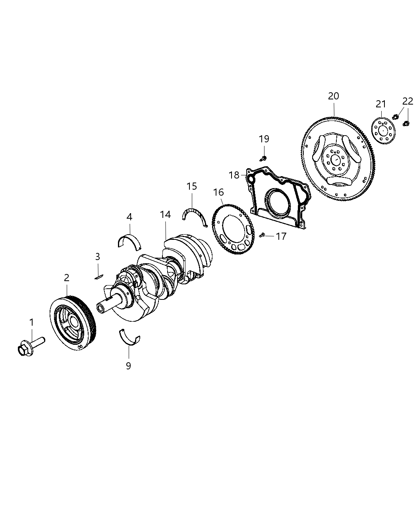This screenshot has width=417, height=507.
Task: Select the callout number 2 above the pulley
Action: click(x=66, y=278)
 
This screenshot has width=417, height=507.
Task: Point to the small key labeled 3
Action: click(x=99, y=277)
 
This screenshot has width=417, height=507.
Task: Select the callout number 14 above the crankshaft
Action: click(x=165, y=215)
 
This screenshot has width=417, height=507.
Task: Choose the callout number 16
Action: click(x=218, y=192)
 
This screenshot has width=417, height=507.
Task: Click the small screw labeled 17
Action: click(x=262, y=235)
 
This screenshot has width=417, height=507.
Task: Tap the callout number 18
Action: click(x=234, y=175)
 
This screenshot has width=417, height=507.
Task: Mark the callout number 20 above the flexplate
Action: click(x=334, y=96)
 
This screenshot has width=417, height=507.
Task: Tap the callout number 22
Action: click(x=407, y=101)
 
